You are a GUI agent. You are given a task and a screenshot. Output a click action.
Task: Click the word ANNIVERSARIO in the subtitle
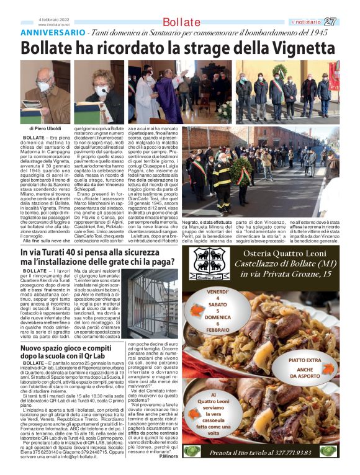pos(53,32)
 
